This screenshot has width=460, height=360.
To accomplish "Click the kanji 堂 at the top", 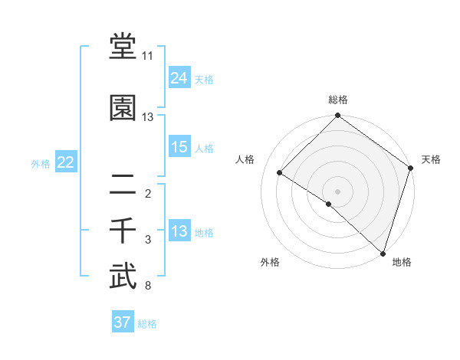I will [x=123, y=47].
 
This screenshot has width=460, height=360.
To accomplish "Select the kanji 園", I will [x=123, y=108].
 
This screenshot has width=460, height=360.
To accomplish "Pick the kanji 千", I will [x=123, y=230].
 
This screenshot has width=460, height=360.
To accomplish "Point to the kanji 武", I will [x=123, y=277].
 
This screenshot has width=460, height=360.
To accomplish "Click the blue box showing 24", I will [x=179, y=77].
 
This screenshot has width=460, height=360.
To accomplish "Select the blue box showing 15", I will [x=179, y=147].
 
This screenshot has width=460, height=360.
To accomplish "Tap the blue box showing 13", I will [x=179, y=231].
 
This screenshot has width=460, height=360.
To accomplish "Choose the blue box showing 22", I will [x=65, y=162].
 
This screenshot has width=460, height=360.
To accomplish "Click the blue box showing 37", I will [x=122, y=322].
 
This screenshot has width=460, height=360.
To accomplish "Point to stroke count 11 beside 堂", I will [x=147, y=56].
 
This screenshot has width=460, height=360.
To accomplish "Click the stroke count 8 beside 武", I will [x=147, y=286].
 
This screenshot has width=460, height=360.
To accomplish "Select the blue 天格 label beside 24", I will [x=204, y=79].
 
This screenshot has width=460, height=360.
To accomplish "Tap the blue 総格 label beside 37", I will [x=147, y=324].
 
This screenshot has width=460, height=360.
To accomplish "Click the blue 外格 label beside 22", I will [x=41, y=163].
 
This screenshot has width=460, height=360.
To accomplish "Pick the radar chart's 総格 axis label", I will [x=338, y=100].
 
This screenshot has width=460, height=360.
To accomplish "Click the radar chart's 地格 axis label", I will [x=402, y=262].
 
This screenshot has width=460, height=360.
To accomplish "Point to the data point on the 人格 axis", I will [x=280, y=172].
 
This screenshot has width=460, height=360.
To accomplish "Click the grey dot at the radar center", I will [x=337, y=191].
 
